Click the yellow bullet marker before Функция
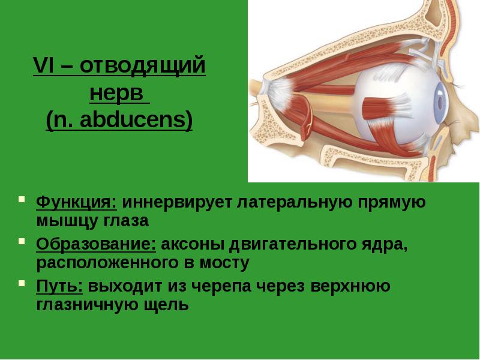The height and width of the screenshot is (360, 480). click(x=23, y=200)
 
